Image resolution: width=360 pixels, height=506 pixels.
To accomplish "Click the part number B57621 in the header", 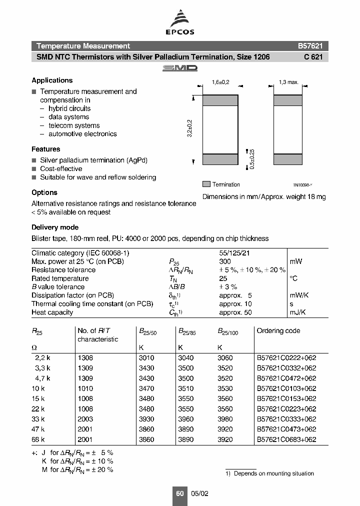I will pos(310,45).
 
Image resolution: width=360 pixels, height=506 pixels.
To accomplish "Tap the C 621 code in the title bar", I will pos(313,57).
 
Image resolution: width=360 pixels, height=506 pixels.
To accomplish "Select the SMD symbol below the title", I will pos(180,68).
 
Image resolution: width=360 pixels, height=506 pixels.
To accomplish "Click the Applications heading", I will pos(52,80).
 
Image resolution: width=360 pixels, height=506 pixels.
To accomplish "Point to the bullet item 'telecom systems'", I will pos(74,125).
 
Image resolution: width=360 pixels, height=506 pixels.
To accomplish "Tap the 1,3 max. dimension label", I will pos(288,82).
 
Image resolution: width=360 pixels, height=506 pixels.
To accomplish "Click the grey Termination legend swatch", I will pos(206,184).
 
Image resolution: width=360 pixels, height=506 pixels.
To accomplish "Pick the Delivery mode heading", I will pos(55,227).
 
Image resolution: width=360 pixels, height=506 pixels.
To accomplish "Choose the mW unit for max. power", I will pos(296,261).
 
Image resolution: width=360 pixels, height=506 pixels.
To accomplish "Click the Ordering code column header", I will pos(278,330).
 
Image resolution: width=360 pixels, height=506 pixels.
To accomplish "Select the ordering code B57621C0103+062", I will pos(286,388).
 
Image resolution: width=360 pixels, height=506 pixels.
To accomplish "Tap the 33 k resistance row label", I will pos(38,419).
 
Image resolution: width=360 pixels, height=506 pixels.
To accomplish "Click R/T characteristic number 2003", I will pos(85,419).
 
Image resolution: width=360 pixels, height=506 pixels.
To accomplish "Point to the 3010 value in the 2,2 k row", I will pos(146,358).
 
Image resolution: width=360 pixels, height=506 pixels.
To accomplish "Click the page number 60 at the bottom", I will pos(180,493).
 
